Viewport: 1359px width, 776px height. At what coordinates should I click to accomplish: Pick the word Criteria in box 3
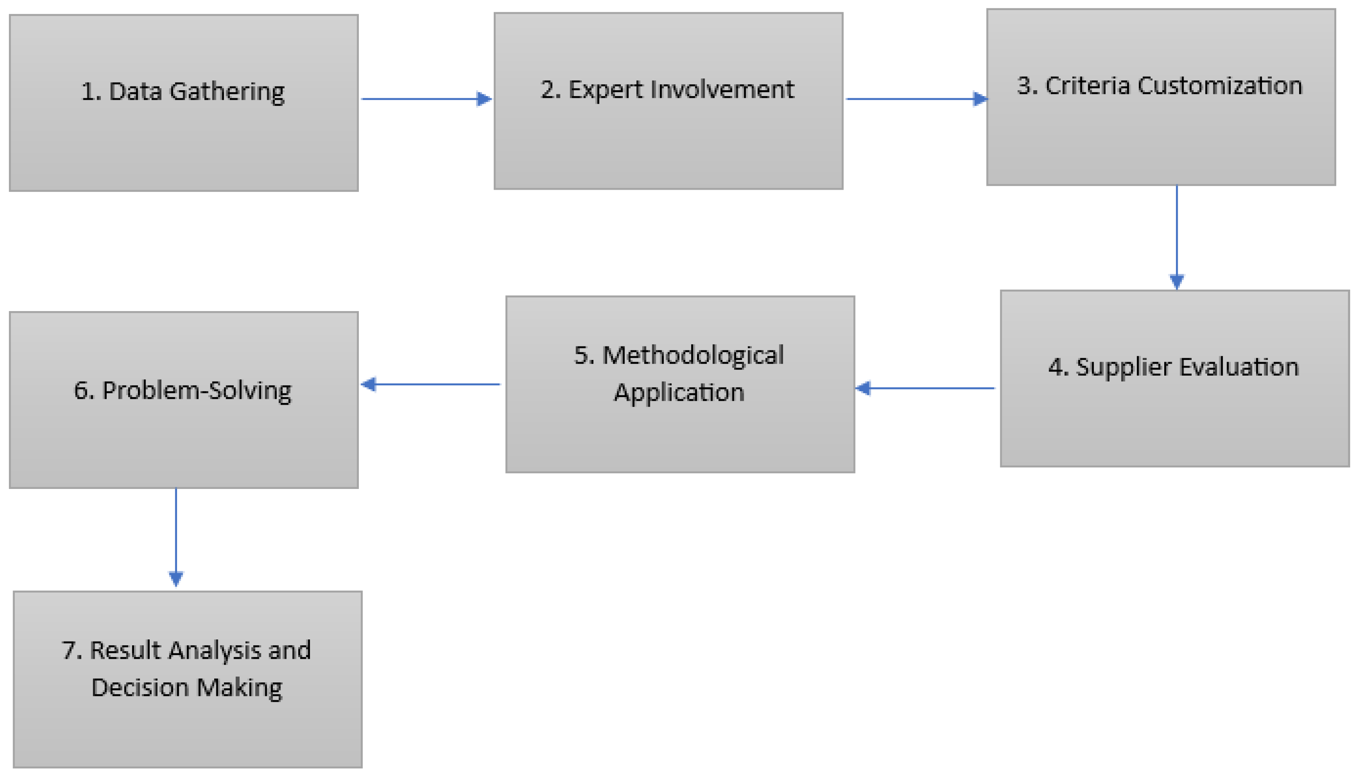coord(1087,86)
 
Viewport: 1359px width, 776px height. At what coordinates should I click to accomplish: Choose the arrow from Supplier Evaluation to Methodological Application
coord(926,388)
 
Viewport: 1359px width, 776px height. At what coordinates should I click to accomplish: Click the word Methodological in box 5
coord(692,355)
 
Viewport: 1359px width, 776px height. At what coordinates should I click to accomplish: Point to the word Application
coord(679,393)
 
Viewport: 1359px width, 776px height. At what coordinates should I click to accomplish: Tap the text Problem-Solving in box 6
coord(197,391)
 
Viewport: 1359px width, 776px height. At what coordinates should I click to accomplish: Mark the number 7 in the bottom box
coord(69,650)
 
